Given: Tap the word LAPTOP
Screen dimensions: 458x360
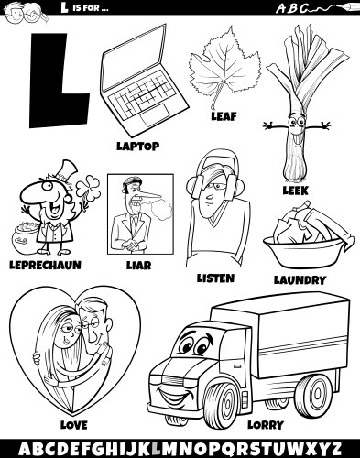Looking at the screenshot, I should tap(136, 145).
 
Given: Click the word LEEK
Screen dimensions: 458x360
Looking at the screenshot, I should tap(296, 191).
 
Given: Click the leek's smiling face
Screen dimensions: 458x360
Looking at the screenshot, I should tap(297, 127).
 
